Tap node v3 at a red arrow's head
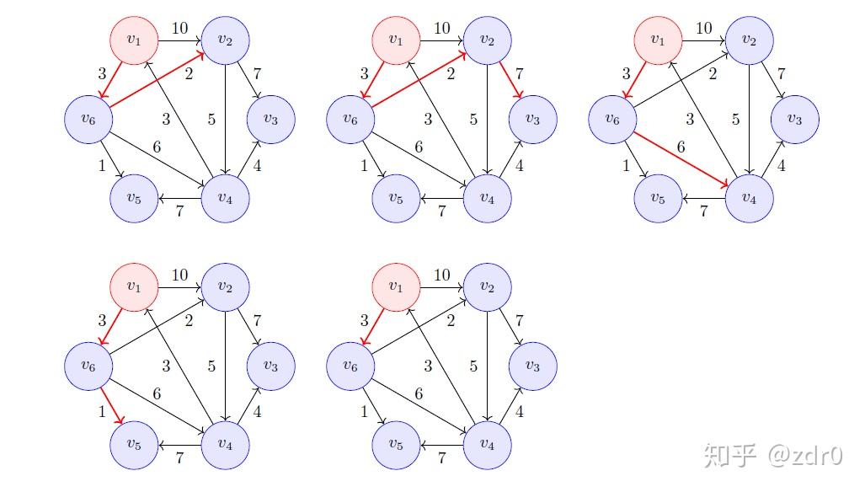click(532, 120)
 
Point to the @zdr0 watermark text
click(804, 456)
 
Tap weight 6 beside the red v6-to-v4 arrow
click(681, 147)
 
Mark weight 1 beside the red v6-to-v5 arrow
click(103, 412)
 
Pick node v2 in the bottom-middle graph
click(488, 286)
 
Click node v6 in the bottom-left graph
click(88, 366)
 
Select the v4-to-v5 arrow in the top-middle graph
click(441, 200)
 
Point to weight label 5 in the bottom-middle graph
click(473, 366)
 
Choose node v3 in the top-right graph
click(794, 120)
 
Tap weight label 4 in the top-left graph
click(257, 166)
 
